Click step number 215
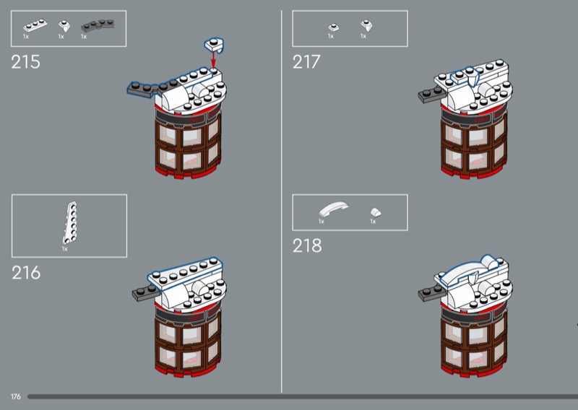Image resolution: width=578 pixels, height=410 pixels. pos(25,62)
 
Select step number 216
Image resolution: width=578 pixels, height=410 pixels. pos(26,273)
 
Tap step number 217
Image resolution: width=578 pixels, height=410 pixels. pos(306,62)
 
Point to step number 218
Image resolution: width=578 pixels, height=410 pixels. pos(306,245)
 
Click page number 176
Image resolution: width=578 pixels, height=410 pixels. pos(15,397)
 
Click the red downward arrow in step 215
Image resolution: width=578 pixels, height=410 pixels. pos(213,60)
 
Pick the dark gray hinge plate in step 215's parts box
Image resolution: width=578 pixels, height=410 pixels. pos(98,26)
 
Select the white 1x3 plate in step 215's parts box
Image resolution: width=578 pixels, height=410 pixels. pos(35,26)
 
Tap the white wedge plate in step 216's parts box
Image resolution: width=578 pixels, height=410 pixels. pos(70,223)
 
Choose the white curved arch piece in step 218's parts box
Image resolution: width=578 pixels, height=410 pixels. pos(333,209)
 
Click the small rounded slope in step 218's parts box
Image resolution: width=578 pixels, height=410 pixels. pos(376,212)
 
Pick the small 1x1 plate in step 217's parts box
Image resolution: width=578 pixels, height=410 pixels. pos(334,27)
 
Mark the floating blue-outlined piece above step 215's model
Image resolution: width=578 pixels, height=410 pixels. pos(214,45)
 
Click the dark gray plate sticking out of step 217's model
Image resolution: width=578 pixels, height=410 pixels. pos(431,95)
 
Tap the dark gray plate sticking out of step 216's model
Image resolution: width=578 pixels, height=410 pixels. pos(146,293)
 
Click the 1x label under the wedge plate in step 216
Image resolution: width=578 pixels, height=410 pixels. pos(64,249)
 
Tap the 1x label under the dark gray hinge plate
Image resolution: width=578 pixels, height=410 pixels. pos(84,37)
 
